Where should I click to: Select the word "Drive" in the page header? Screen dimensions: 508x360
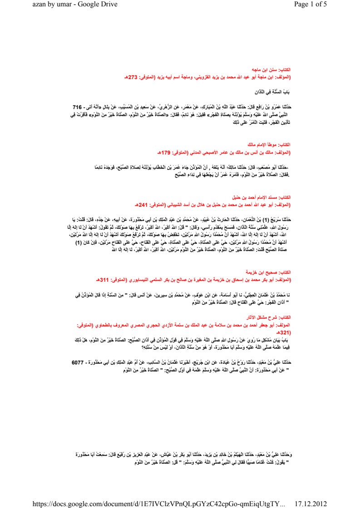(109, 5)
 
